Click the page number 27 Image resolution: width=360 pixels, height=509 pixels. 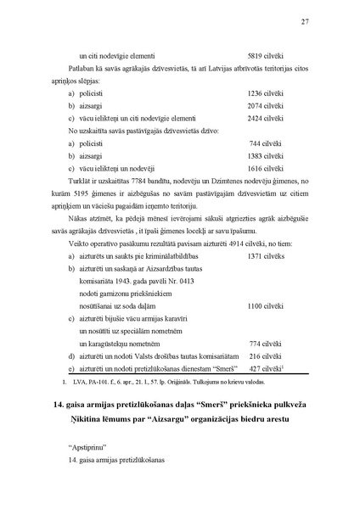[x=305, y=22]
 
